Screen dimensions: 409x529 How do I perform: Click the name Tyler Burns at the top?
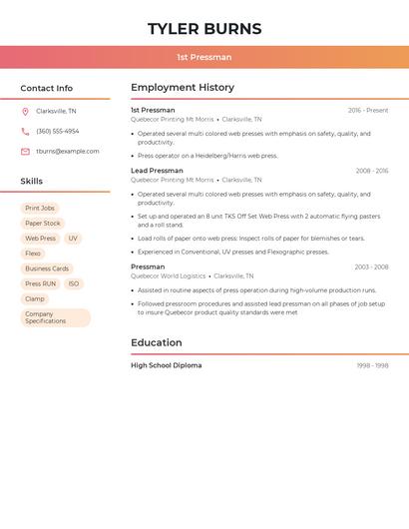click(204, 29)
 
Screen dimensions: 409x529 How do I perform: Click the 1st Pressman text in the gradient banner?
click(204, 57)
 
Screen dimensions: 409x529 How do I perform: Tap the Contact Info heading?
click(46, 88)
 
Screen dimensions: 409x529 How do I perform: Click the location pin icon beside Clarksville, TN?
click(25, 111)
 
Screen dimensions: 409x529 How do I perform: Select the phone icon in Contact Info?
click(25, 131)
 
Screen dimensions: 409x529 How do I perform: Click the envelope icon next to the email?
click(25, 152)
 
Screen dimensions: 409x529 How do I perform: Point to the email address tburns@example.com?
click(68, 152)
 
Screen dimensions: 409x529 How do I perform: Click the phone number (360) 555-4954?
click(58, 131)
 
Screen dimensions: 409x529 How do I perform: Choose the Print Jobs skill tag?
click(40, 208)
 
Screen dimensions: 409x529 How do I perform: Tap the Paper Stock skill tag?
click(43, 224)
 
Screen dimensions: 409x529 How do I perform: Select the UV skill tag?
click(73, 239)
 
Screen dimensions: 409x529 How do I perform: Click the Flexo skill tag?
click(34, 254)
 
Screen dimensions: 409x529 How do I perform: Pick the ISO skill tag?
click(74, 283)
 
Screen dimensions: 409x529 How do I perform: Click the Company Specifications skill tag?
click(55, 317)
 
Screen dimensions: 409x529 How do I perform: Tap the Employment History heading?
click(183, 88)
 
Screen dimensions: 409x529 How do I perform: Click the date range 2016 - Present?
click(368, 110)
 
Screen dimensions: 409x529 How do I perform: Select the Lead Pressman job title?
click(157, 171)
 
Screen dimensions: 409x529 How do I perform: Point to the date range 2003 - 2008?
click(371, 266)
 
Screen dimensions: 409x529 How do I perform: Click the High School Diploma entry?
click(166, 365)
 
